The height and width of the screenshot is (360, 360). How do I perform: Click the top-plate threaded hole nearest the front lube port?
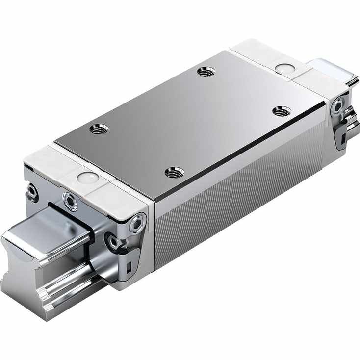coord(99,129)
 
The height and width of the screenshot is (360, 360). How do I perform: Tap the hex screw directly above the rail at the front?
coord(70,201)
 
